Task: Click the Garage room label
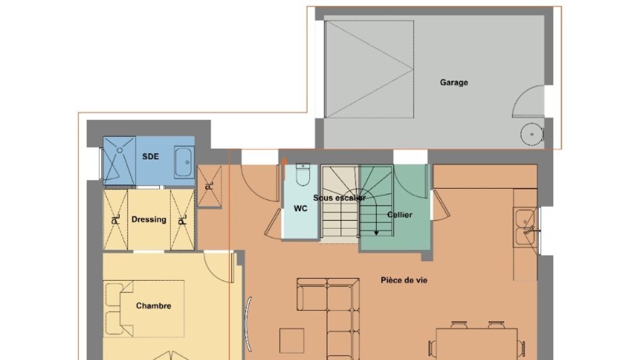tap(454, 82)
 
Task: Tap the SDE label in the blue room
tap(150, 156)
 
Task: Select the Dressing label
tap(149, 219)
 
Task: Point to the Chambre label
tap(154, 306)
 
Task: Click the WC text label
tap(301, 209)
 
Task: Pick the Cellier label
tap(399, 215)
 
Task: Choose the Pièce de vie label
tap(404, 280)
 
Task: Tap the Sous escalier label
tap(339, 198)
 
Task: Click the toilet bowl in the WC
tap(303, 175)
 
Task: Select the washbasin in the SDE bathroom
tap(184, 162)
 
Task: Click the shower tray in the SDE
tap(119, 160)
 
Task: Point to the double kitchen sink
tap(525, 227)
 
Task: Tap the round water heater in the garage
tap(532, 134)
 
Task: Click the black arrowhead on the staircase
tap(376, 233)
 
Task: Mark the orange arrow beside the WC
tap(284, 168)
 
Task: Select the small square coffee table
tap(291, 341)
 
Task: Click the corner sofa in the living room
tap(335, 314)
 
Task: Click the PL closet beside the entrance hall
tap(209, 186)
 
